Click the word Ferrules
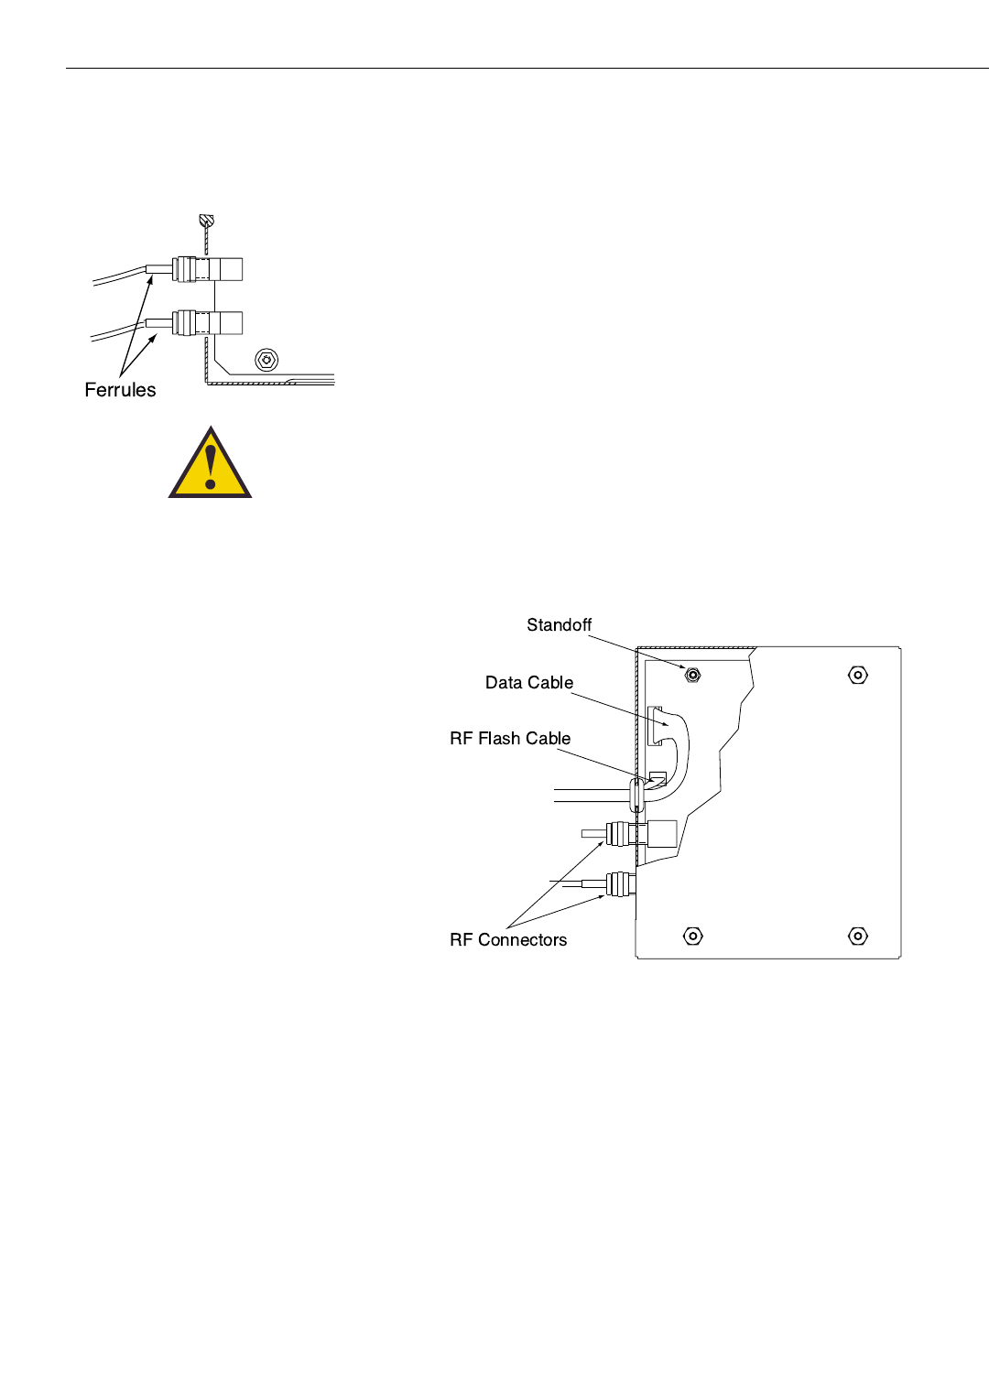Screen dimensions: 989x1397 (x=120, y=390)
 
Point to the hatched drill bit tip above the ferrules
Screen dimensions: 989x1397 (x=207, y=221)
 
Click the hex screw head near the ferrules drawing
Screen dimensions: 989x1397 (x=266, y=359)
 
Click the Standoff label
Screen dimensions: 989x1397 (x=559, y=625)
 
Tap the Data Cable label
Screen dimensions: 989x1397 (x=529, y=683)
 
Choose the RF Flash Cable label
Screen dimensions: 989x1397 (x=510, y=739)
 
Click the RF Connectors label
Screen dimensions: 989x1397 (x=508, y=940)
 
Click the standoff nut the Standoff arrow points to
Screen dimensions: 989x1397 (x=693, y=676)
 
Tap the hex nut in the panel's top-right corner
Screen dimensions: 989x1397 (x=858, y=676)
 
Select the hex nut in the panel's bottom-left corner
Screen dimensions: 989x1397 (x=693, y=936)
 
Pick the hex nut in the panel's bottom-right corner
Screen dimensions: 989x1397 (x=858, y=936)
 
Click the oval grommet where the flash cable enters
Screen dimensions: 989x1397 (x=637, y=795)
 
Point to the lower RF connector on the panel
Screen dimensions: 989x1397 (x=620, y=883)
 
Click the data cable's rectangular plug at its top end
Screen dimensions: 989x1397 (x=656, y=725)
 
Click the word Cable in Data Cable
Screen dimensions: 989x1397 (x=550, y=683)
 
